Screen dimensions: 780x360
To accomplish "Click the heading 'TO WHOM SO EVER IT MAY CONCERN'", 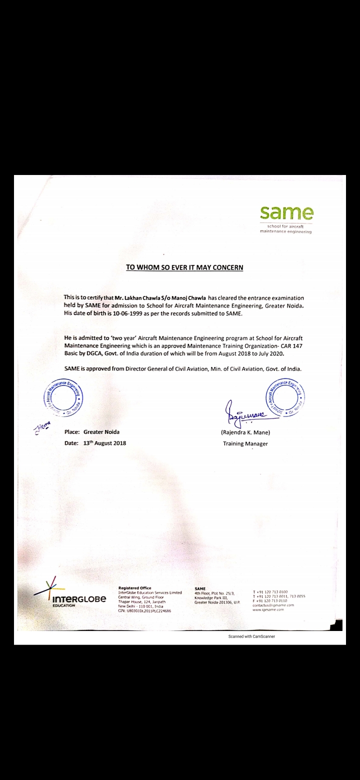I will pos(184,267).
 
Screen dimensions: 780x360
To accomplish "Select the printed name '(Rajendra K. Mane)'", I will pos(245,432).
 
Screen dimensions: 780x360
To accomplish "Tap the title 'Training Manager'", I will pos(245,443).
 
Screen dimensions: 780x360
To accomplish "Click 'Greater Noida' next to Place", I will pos(101,432).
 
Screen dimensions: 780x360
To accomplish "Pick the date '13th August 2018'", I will pos(105,443).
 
